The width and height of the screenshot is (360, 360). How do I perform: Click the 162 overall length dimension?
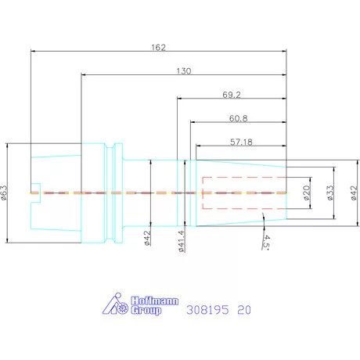[159, 48]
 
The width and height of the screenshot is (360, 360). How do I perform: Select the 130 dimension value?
[184, 71]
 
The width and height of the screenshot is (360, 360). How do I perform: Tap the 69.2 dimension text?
[232, 95]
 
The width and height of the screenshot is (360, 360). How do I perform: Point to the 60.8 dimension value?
[238, 118]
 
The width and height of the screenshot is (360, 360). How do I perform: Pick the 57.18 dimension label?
[241, 142]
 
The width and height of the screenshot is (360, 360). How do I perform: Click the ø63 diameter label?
[4, 193]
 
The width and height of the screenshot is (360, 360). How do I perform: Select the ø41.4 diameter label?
[182, 241]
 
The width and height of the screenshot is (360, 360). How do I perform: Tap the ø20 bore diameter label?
[307, 193]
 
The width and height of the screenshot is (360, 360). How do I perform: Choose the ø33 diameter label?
[330, 193]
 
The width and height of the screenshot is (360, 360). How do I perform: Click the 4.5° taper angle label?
[266, 242]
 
